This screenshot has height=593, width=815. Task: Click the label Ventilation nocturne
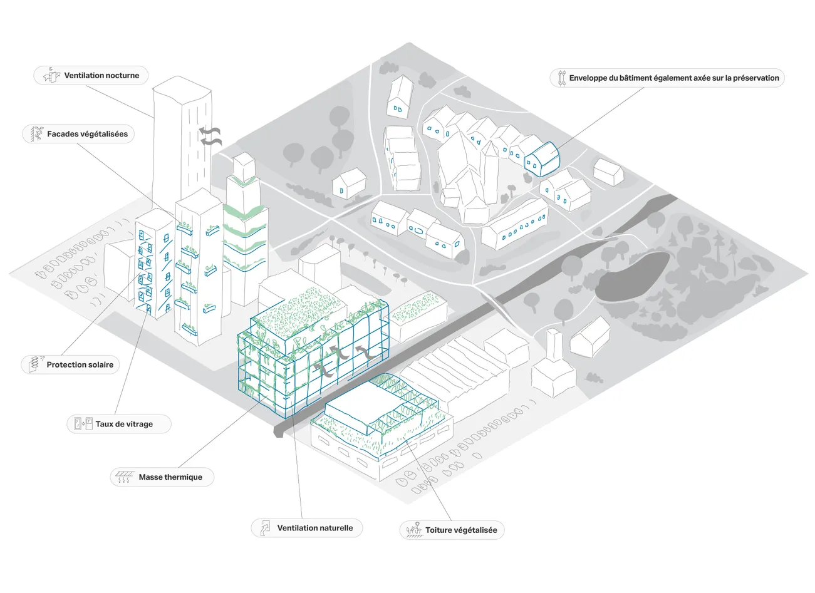coord(101,76)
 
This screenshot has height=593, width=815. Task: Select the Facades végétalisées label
coord(87,134)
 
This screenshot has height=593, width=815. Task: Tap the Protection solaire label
coord(80,365)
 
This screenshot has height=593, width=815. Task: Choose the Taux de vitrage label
coord(124,424)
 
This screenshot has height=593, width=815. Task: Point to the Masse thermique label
coord(170,477)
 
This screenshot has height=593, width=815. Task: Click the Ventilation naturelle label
coord(314,528)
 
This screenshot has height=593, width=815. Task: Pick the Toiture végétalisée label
coord(461,530)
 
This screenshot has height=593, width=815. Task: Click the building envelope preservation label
coord(673,78)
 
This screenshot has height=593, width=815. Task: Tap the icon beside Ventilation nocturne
coord(51,75)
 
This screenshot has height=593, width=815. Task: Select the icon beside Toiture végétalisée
coord(413,530)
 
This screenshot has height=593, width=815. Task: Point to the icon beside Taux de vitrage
coord(83,424)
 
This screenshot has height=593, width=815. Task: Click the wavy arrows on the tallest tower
coord(210,136)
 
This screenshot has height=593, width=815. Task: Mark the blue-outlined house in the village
coord(541,159)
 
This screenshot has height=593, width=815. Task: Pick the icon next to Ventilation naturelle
coord(266,527)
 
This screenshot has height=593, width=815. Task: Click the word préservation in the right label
coord(755,78)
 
